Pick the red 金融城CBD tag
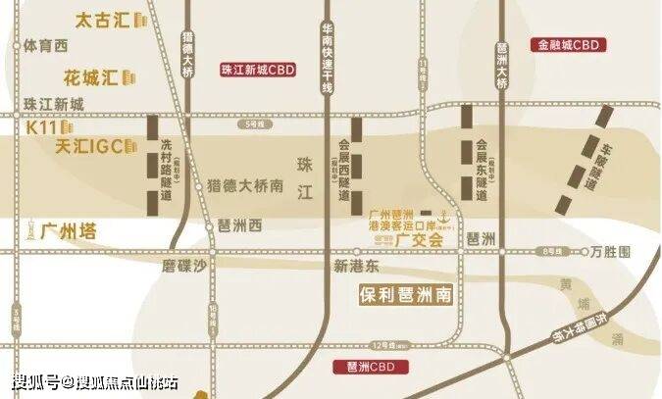pos(567,44)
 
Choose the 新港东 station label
pos(355,266)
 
